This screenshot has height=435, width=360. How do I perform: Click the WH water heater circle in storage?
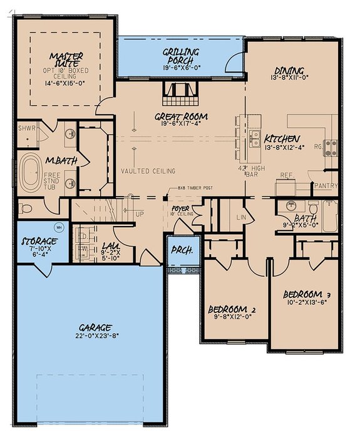60,227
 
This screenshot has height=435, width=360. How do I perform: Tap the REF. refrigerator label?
287,176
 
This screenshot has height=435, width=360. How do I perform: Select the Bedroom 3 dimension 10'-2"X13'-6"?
306,303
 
